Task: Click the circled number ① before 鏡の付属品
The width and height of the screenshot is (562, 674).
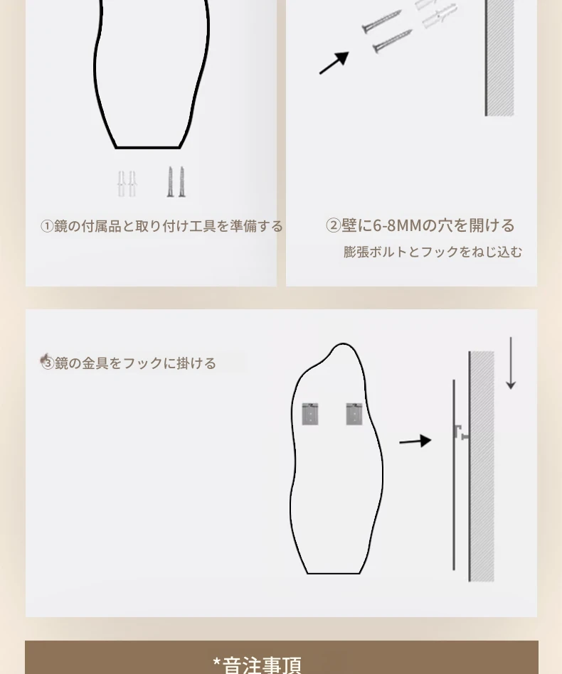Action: coord(47,226)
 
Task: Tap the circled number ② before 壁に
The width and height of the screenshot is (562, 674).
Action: coord(333,225)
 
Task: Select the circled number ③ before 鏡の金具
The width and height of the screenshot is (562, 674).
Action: coord(47,363)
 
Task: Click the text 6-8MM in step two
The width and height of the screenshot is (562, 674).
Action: coord(396,225)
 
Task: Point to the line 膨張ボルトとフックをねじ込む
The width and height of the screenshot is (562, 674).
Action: coord(433,252)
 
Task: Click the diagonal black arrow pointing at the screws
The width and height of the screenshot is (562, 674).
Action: coord(334,63)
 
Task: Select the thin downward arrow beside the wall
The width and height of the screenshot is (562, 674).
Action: coord(511,363)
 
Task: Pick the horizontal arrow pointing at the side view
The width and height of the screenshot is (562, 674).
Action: coord(415,441)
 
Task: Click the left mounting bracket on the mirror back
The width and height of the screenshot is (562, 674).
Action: coord(310,414)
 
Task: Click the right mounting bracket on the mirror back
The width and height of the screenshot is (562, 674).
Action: coord(354,414)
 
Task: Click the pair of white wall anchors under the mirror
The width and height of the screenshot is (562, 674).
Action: coord(127,184)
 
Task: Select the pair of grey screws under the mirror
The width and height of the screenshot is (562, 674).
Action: coord(176,182)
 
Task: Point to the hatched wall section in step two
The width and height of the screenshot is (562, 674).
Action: coord(499,58)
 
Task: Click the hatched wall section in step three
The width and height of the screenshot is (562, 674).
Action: coord(481,466)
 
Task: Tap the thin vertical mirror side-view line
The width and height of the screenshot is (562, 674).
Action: coord(454,475)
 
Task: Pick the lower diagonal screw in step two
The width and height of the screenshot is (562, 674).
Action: coord(393,41)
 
